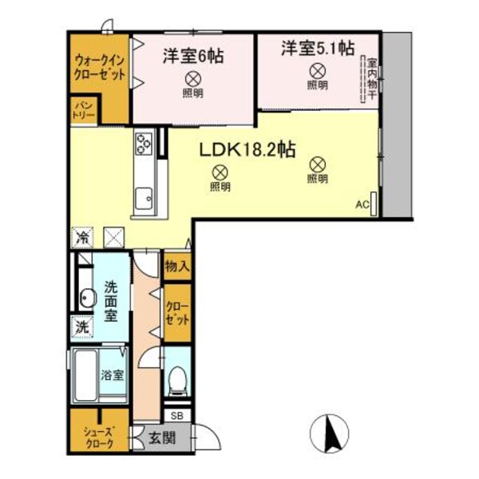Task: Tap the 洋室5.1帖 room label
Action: [x=318, y=49]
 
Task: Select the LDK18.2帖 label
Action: [x=248, y=148]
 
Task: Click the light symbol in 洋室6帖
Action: [x=192, y=78]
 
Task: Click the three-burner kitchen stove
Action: [x=144, y=144]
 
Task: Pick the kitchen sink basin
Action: [x=144, y=196]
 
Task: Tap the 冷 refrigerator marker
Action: [x=81, y=237]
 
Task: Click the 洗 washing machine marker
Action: [x=81, y=326]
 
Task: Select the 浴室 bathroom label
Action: [x=112, y=375]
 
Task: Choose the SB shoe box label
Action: [x=176, y=416]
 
